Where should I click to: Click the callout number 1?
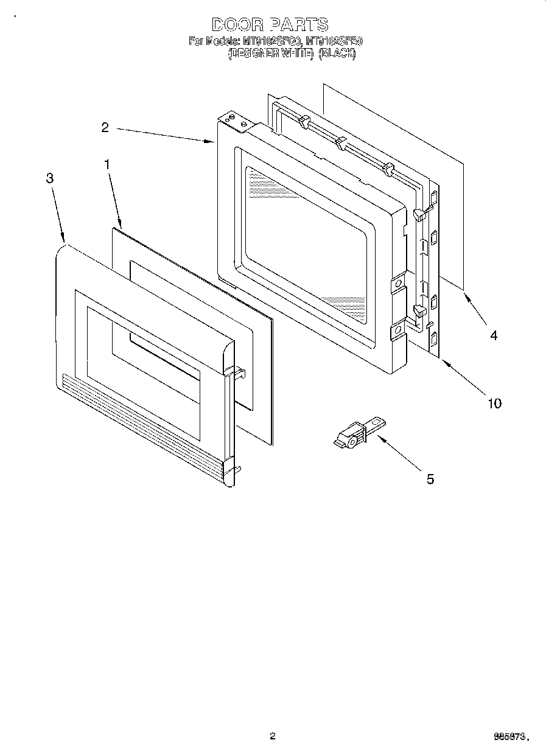[107, 164]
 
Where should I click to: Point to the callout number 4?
[494, 335]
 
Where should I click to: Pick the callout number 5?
[430, 479]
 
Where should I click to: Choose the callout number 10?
[494, 403]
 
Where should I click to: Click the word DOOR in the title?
[237, 25]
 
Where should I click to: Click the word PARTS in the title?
[299, 25]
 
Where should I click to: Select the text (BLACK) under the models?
[337, 53]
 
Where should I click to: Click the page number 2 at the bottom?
[273, 736]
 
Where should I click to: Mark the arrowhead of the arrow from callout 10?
[443, 363]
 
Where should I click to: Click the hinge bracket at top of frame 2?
[237, 122]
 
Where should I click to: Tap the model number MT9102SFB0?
[334, 42]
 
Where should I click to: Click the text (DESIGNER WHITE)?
[270, 53]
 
